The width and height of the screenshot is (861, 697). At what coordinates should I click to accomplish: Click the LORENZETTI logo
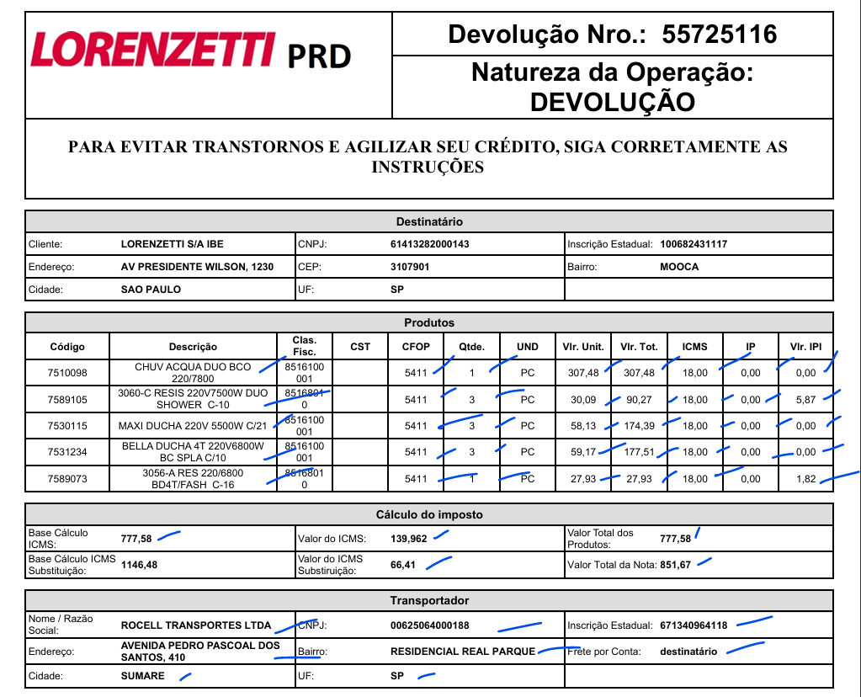point(153,50)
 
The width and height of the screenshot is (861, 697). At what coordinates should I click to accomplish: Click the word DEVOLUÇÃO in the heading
point(612,102)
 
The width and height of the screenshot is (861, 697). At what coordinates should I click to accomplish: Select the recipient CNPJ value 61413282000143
point(429,244)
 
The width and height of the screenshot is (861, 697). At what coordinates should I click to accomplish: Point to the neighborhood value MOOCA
point(679,267)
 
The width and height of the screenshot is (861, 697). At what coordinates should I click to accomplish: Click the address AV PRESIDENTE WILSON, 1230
point(197,267)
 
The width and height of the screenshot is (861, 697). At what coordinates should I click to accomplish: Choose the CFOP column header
point(416,347)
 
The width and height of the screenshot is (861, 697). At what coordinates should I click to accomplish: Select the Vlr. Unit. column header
point(582,347)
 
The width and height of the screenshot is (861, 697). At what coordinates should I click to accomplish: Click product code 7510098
point(67,373)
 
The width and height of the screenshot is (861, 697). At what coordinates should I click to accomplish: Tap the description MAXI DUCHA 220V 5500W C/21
point(192,426)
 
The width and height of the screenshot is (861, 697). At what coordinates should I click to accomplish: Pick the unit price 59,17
point(583,452)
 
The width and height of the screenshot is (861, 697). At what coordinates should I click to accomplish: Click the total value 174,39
point(638,426)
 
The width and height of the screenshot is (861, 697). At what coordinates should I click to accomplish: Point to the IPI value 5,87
point(805,400)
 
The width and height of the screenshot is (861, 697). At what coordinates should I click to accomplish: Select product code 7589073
point(67,479)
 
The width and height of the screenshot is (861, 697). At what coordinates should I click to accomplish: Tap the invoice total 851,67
point(676,565)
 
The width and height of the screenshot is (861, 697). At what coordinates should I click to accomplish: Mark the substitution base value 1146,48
point(139,565)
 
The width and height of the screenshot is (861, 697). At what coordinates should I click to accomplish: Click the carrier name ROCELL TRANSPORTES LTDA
point(196,625)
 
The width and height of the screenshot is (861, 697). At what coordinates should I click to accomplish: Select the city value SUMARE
point(143,676)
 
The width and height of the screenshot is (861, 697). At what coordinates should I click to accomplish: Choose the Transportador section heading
point(429,600)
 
